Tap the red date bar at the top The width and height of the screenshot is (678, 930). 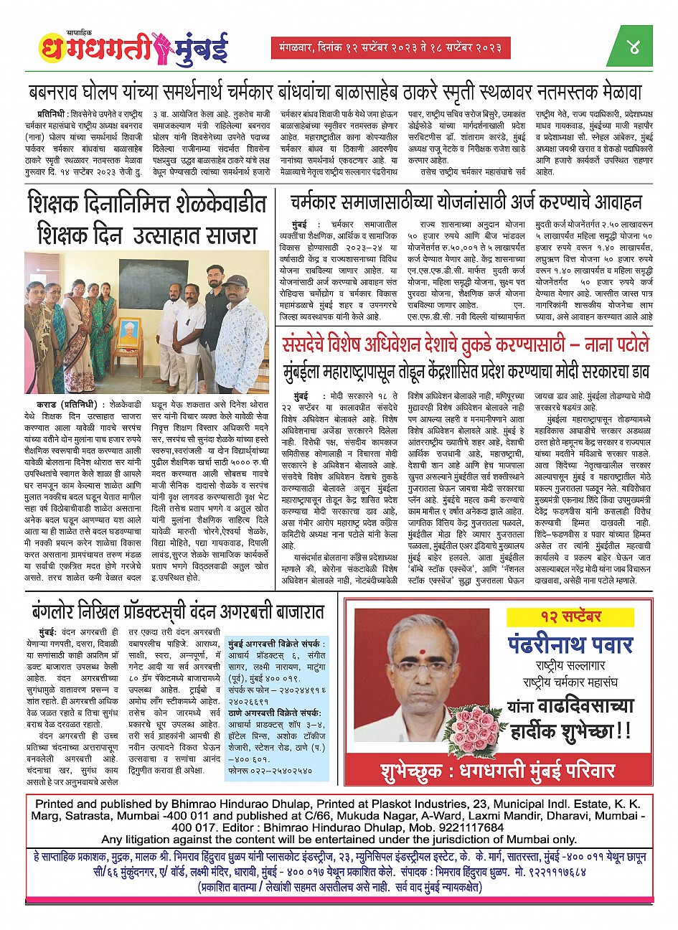(390, 48)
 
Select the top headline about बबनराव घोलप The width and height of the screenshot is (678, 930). (335, 93)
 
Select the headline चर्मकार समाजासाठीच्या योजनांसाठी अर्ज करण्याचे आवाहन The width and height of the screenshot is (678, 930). (466, 202)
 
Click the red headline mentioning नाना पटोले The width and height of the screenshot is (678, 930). (466, 345)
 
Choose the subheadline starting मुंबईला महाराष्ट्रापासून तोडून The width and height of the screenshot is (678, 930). (466, 370)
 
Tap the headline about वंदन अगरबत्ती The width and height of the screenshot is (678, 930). (177, 612)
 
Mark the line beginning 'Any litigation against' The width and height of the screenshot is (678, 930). (339, 839)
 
